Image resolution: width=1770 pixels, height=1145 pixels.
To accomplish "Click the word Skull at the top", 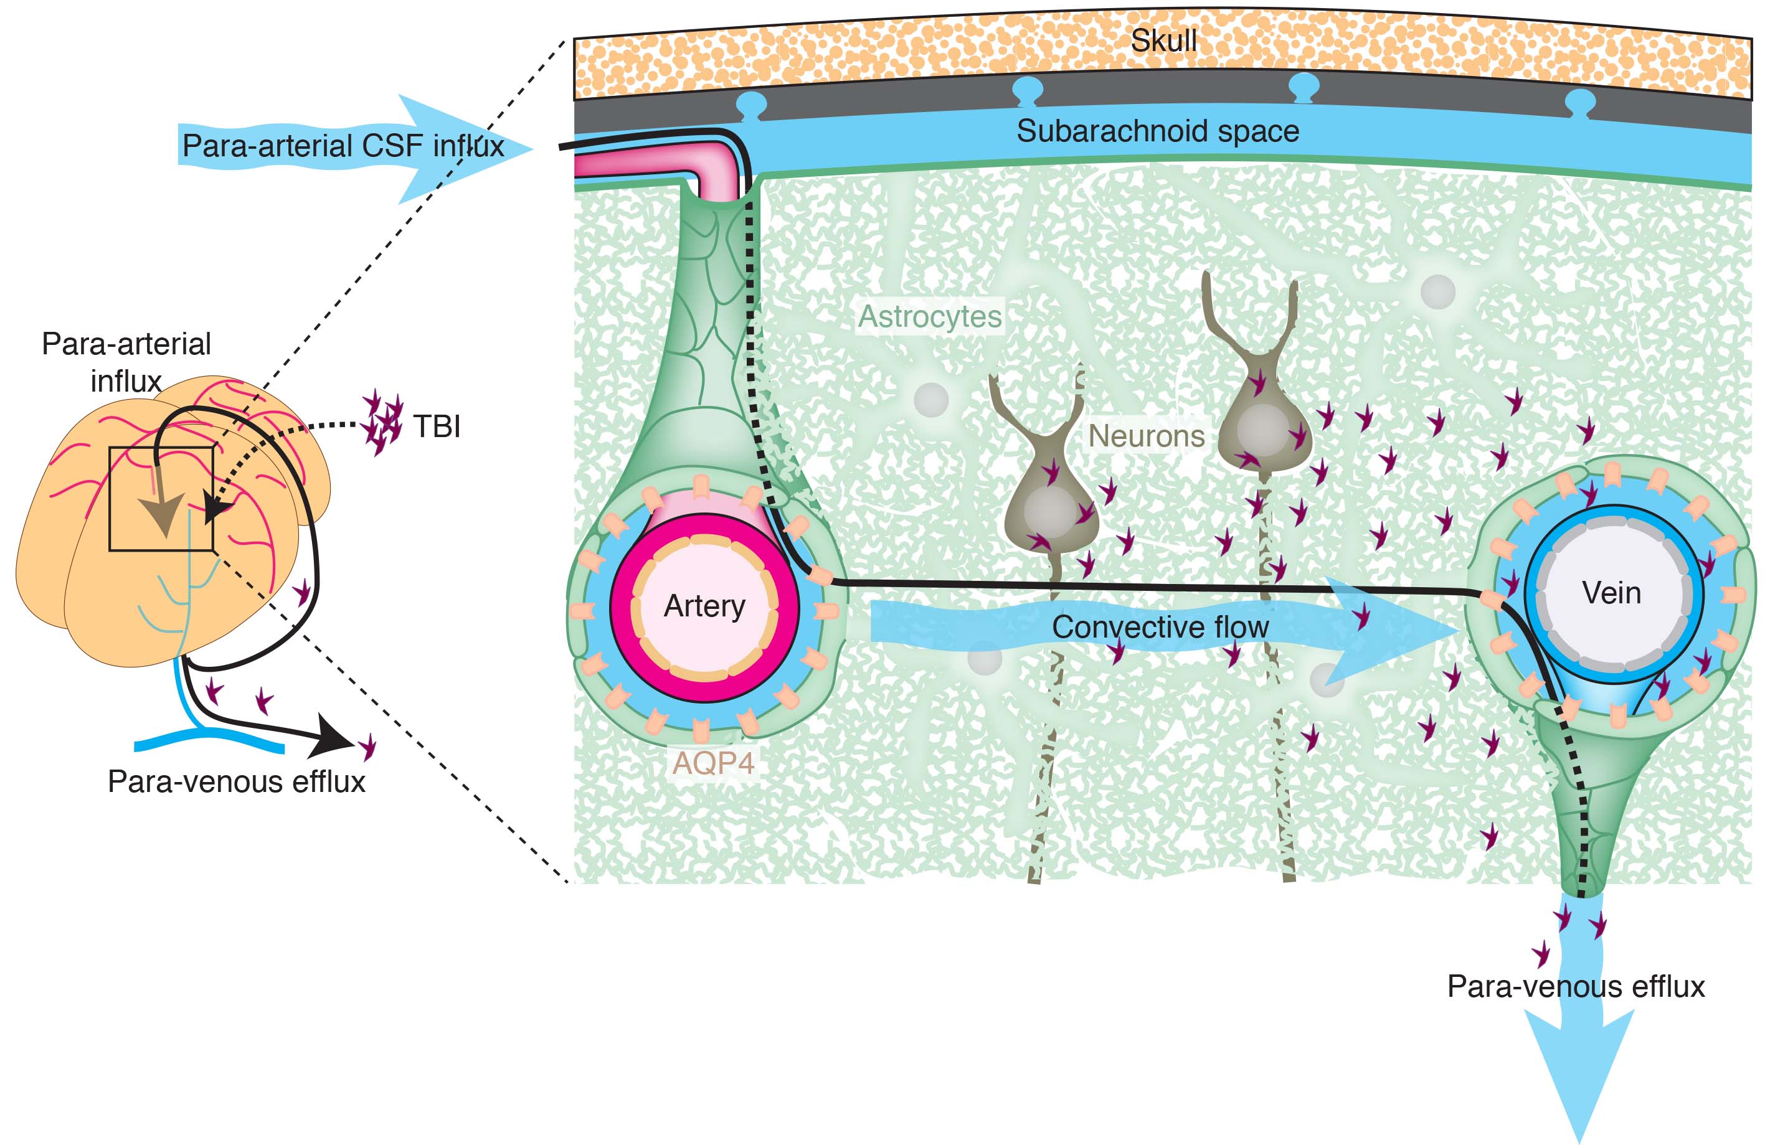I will (1163, 41).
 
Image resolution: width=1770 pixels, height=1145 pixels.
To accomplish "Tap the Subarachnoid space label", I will (1157, 131).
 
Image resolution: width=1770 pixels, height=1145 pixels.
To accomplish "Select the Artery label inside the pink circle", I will (704, 606).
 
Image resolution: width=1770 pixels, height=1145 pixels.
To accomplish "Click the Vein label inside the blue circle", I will (1611, 593).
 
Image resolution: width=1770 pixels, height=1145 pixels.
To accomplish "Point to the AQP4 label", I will (713, 763).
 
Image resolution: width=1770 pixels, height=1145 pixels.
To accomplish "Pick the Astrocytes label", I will (930, 317).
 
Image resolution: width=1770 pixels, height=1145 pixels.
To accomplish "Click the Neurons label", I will (1146, 436).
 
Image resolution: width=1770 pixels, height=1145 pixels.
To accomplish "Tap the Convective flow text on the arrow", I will (1160, 628).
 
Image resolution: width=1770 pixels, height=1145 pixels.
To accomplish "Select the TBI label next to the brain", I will (437, 426).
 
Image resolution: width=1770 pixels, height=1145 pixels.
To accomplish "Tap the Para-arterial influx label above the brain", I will (126, 362).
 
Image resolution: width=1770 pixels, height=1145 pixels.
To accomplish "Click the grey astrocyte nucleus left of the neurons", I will (930, 399).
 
